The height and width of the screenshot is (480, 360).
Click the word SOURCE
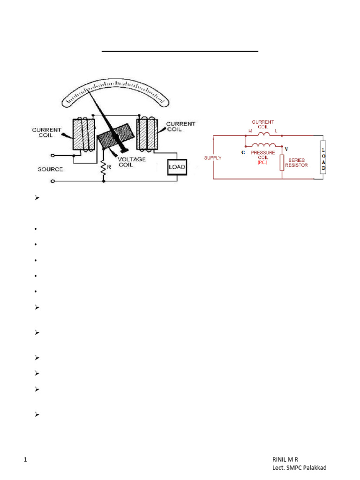50,169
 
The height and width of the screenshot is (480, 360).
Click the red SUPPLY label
213,158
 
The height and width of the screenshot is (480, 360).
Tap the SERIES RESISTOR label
296,163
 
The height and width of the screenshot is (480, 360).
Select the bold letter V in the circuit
286,149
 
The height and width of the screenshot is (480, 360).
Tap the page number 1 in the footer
25,461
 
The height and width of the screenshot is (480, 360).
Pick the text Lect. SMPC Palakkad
300,468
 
